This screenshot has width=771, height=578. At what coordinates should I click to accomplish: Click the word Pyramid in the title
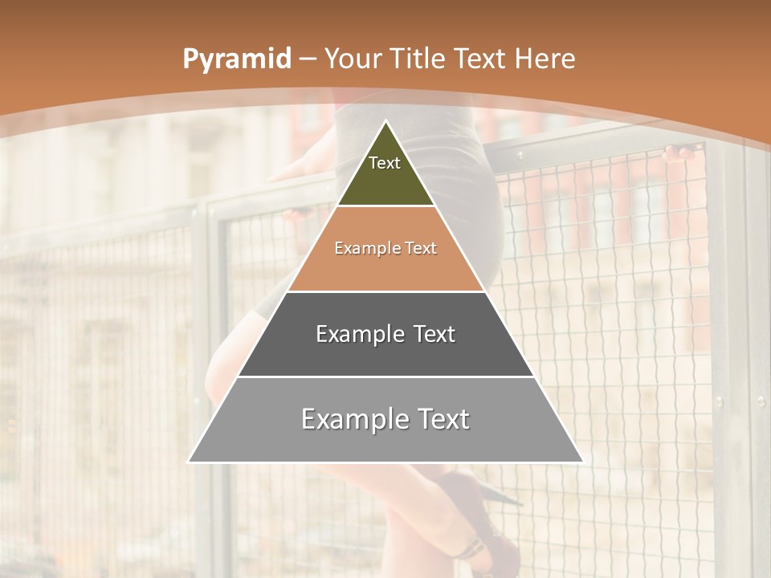236,59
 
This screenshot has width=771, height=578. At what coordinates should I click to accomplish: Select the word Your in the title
352,59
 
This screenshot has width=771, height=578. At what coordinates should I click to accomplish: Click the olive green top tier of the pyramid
385,181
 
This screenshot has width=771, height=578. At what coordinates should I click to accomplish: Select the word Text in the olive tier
385,163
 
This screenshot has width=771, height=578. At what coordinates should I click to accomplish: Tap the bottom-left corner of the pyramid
190,462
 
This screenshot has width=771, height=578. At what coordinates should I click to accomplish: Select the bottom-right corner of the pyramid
582,462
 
